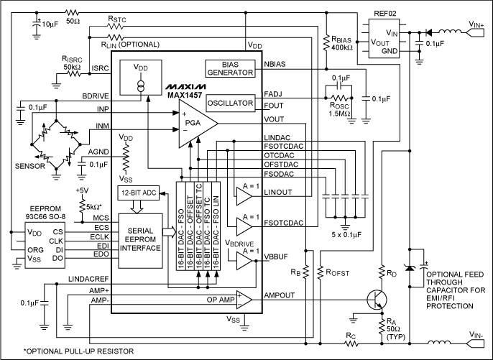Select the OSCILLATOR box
[x=230, y=103]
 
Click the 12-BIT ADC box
[x=139, y=193]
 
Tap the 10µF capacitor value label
[x=50, y=24]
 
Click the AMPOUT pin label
[x=280, y=296]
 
